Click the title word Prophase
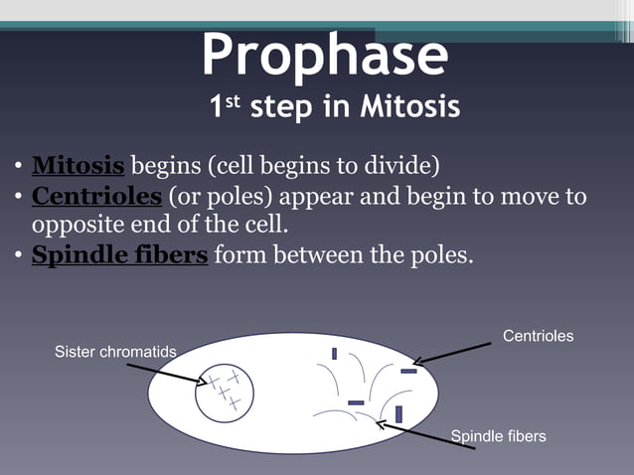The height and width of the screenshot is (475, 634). (x=325, y=56)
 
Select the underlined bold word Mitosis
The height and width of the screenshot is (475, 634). (x=79, y=164)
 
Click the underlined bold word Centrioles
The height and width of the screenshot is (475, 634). (x=96, y=196)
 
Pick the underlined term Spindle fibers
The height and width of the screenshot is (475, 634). (x=119, y=255)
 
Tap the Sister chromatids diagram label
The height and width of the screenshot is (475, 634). (x=115, y=352)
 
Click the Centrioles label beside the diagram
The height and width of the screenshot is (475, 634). (x=538, y=337)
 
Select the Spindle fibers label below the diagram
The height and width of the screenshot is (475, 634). (x=498, y=436)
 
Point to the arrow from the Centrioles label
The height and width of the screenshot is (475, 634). (x=452, y=354)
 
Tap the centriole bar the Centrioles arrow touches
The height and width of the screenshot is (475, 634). (x=408, y=371)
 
